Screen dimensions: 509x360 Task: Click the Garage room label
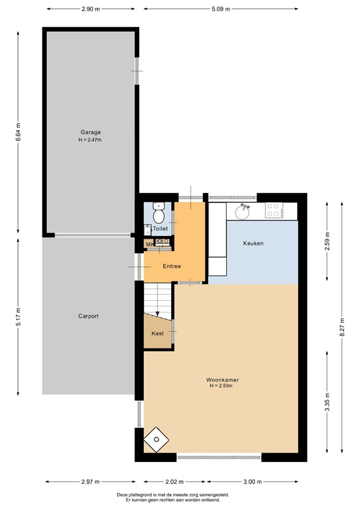[x=91, y=133]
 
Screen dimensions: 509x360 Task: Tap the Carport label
[x=88, y=316]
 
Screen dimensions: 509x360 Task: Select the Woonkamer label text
[x=222, y=380]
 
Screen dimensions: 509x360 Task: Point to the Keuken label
[x=253, y=243]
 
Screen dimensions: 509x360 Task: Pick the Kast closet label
[x=157, y=333]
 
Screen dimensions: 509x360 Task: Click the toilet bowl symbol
[x=159, y=216]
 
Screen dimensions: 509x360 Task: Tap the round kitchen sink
[x=244, y=210]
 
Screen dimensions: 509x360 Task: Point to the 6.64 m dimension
[x=19, y=133]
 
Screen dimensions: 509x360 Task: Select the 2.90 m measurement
[x=91, y=9]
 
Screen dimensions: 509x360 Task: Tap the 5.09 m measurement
[x=221, y=9]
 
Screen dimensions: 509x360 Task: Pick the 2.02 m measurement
[x=174, y=482]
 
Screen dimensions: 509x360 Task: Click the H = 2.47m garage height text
[x=91, y=141]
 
